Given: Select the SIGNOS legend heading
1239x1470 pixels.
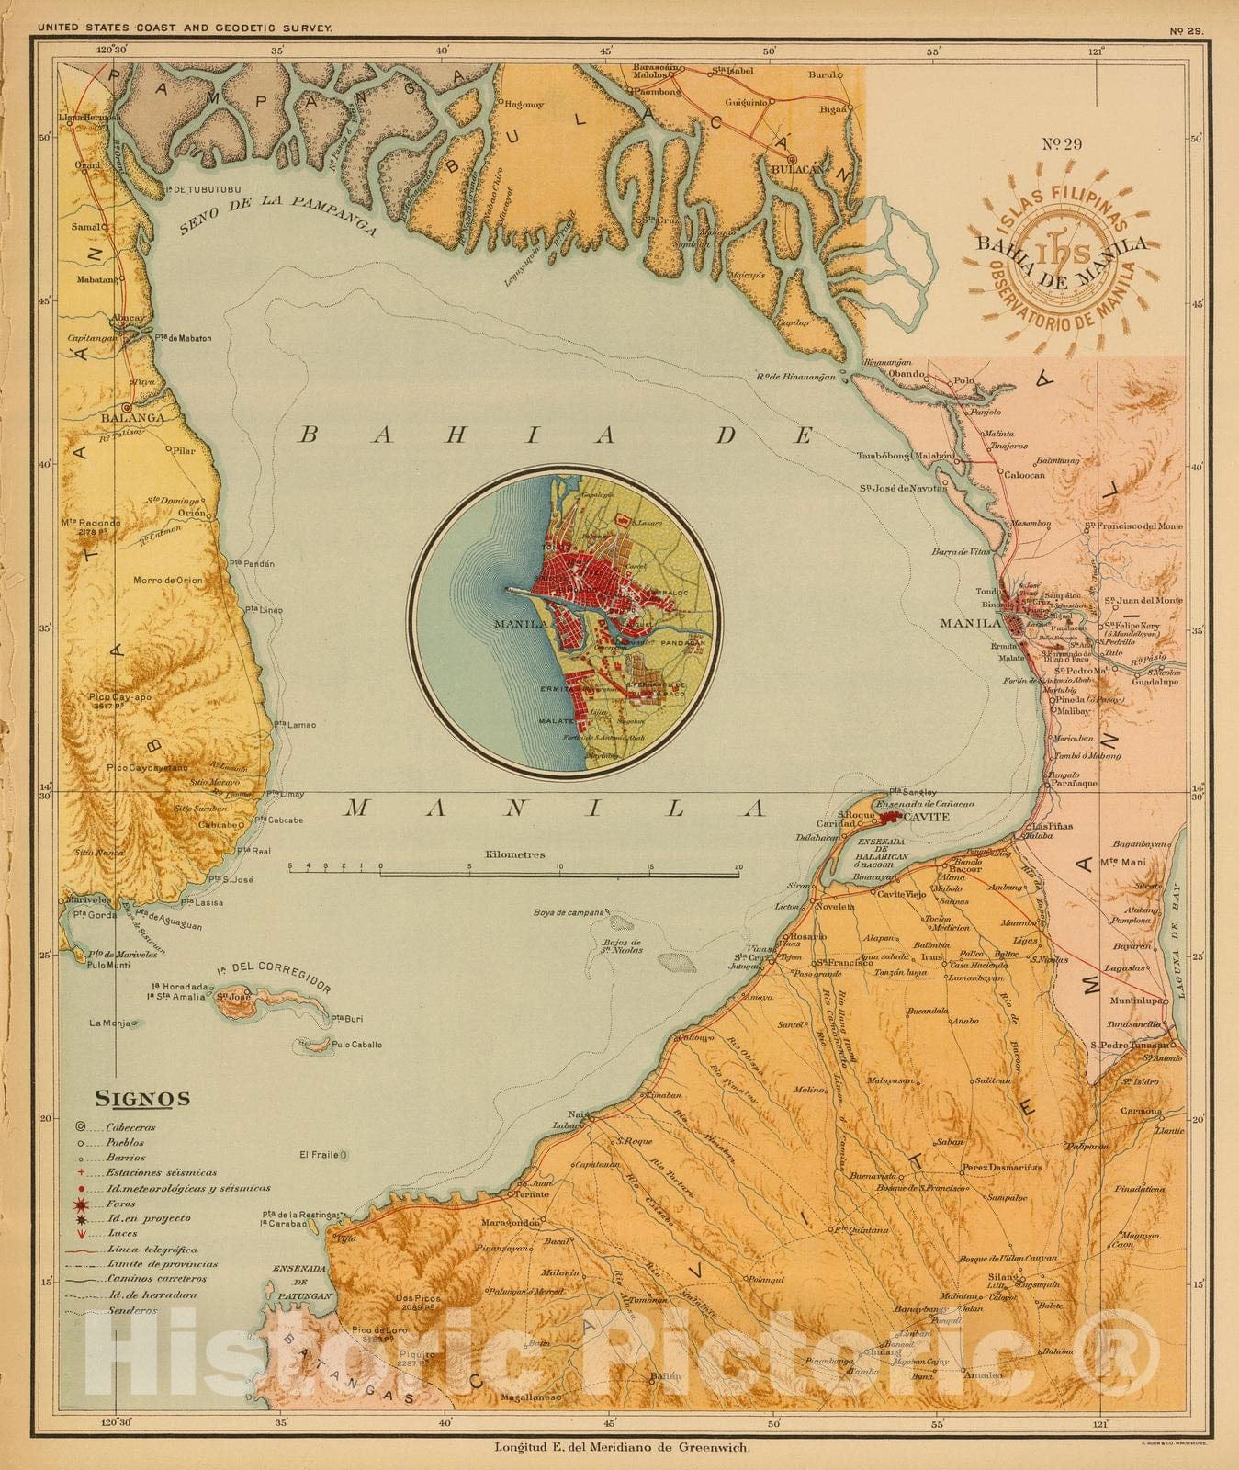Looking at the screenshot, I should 142,1099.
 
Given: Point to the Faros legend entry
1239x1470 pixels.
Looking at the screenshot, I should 120,1203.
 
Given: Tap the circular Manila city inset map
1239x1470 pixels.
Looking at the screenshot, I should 565,621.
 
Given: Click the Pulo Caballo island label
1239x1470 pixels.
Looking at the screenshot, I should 357,1045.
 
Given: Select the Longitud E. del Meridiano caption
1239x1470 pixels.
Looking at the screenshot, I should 623,1448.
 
